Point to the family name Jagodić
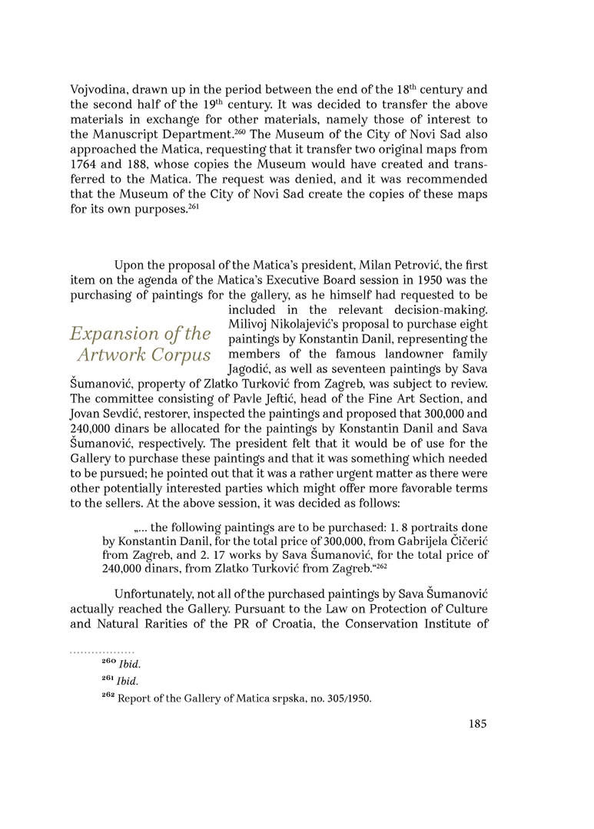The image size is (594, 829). [251, 368]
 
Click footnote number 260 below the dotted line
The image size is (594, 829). [109, 662]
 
